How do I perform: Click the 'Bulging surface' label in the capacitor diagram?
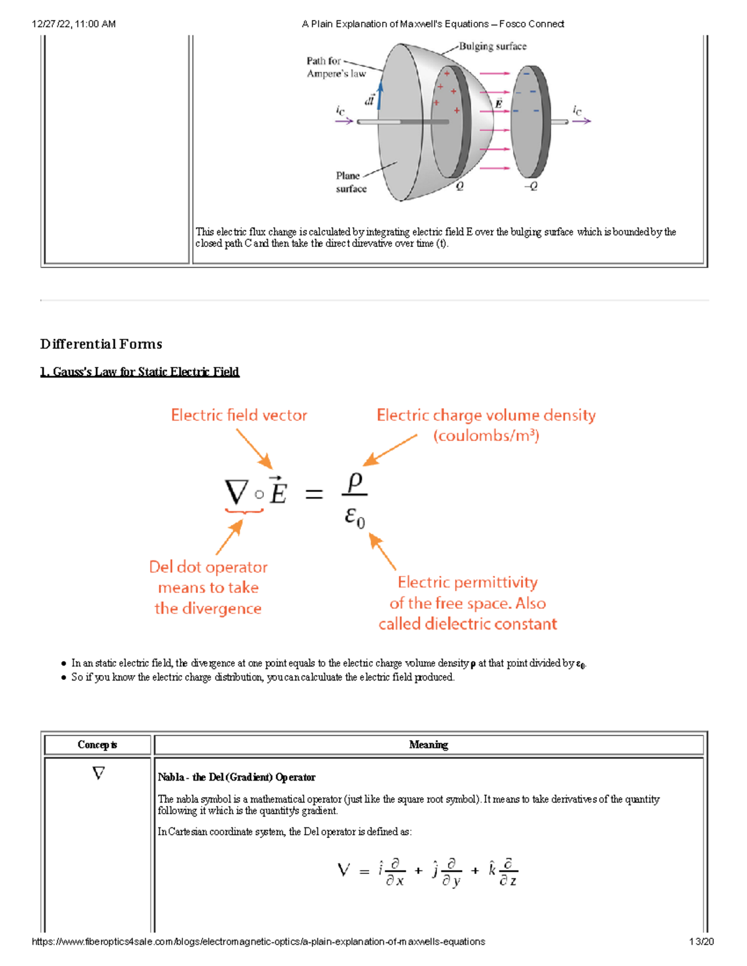pos(492,47)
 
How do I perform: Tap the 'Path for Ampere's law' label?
pos(336,67)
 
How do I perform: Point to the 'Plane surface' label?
pos(350,182)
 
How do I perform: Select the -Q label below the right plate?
pos(530,186)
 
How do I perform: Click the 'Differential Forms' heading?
pos(101,344)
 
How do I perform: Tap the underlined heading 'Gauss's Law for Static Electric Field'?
pos(139,372)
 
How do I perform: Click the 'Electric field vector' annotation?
pos(239,416)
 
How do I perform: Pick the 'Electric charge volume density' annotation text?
pos(486,416)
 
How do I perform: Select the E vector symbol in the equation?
pos(277,492)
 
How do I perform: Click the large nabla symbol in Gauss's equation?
pos(237,493)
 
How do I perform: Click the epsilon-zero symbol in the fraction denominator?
pos(355,517)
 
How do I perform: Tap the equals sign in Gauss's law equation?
pos(314,495)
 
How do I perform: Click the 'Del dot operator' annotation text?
pos(208,567)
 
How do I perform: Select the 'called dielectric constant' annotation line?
pos(467,624)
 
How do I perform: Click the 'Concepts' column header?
pos(97,745)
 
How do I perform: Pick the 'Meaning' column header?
pos(428,745)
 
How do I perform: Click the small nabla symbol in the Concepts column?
pos(98,773)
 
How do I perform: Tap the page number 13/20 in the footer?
pos(701,942)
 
